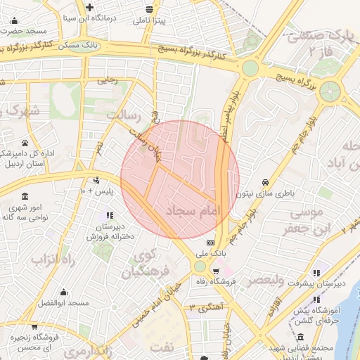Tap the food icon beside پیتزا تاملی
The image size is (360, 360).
(x=149, y=9)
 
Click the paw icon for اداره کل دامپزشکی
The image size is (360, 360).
(x=25, y=142)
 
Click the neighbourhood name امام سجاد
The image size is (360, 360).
(x=194, y=210)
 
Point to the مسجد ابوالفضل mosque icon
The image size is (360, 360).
(x=63, y=292)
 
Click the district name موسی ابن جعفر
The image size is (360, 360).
(x=303, y=220)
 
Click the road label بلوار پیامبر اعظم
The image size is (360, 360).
(x=233, y=112)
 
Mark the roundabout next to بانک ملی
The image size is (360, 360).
(x=200, y=266)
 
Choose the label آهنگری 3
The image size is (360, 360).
(x=205, y=308)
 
